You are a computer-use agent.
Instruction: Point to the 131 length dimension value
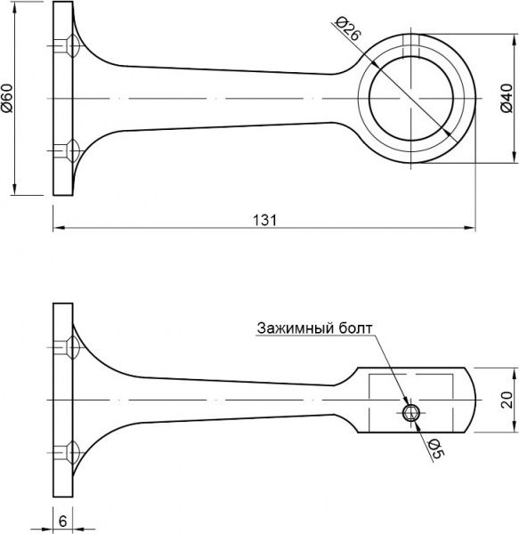click(264, 219)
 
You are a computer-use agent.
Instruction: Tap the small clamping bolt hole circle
click(411, 412)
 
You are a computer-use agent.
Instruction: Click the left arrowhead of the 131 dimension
click(57, 229)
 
